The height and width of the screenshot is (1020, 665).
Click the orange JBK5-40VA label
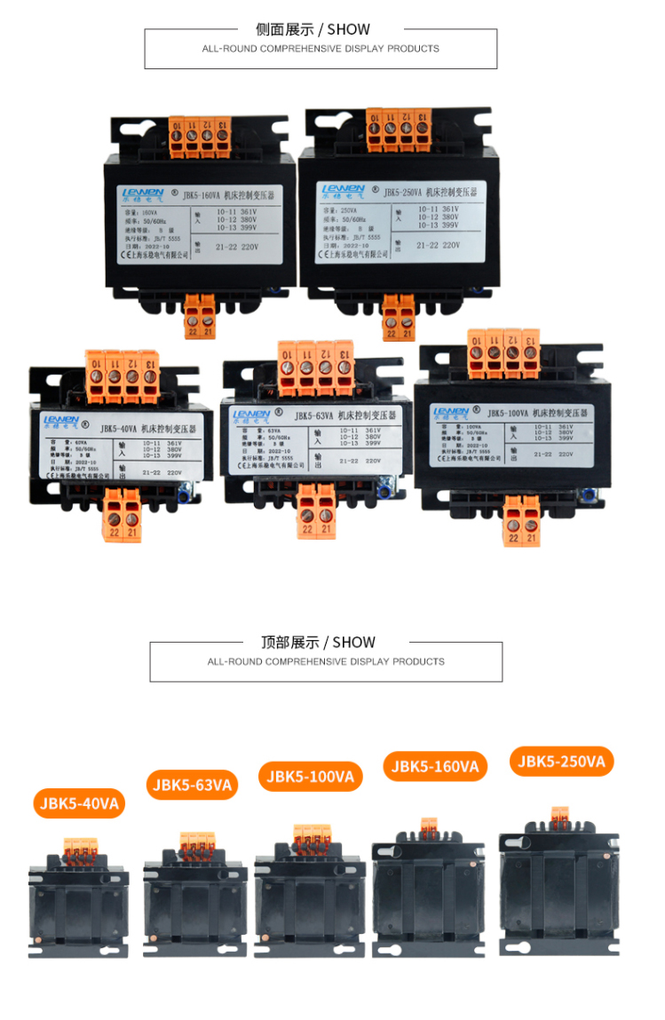point(79,803)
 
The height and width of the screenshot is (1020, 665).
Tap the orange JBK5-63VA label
point(192,785)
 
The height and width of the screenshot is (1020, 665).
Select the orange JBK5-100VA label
point(311,777)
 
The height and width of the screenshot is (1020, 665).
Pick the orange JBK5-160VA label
point(435,766)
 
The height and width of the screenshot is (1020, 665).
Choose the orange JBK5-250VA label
point(561,762)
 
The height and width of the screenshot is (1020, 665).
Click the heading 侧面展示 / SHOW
point(313,29)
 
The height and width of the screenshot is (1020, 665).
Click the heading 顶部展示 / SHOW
point(318,642)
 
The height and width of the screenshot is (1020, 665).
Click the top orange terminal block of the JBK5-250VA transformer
point(399,127)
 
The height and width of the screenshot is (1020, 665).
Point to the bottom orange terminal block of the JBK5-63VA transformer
point(317,511)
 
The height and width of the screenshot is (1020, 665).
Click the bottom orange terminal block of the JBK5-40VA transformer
point(123,517)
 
